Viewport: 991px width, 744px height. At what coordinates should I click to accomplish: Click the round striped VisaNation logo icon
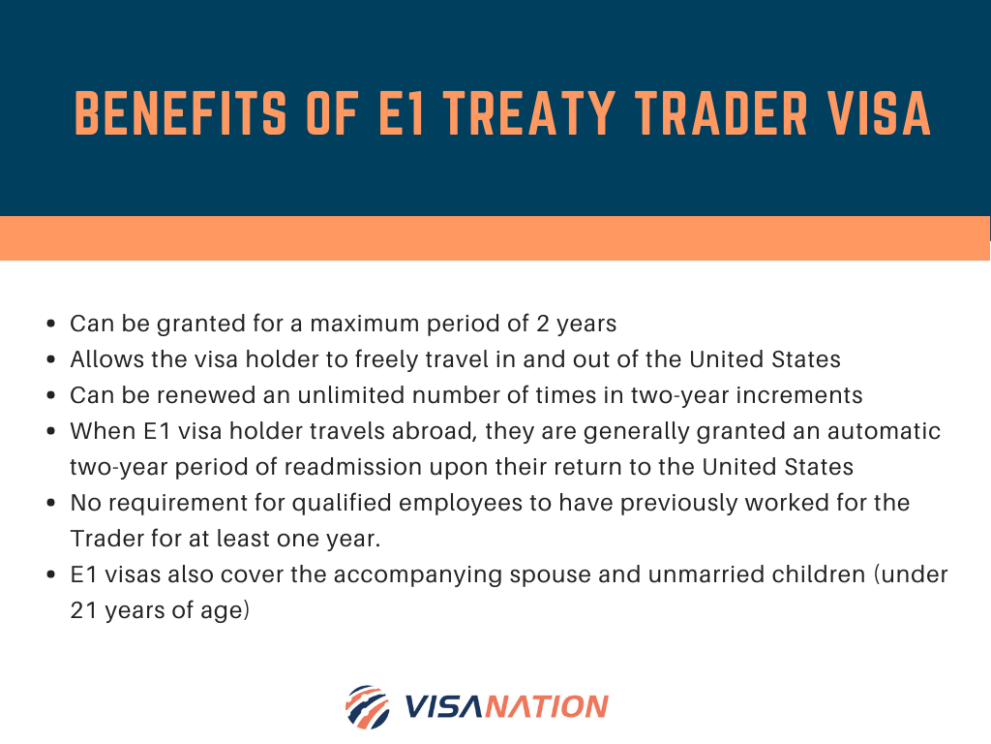(368, 706)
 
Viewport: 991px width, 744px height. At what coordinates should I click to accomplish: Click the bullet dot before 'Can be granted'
(51, 324)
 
